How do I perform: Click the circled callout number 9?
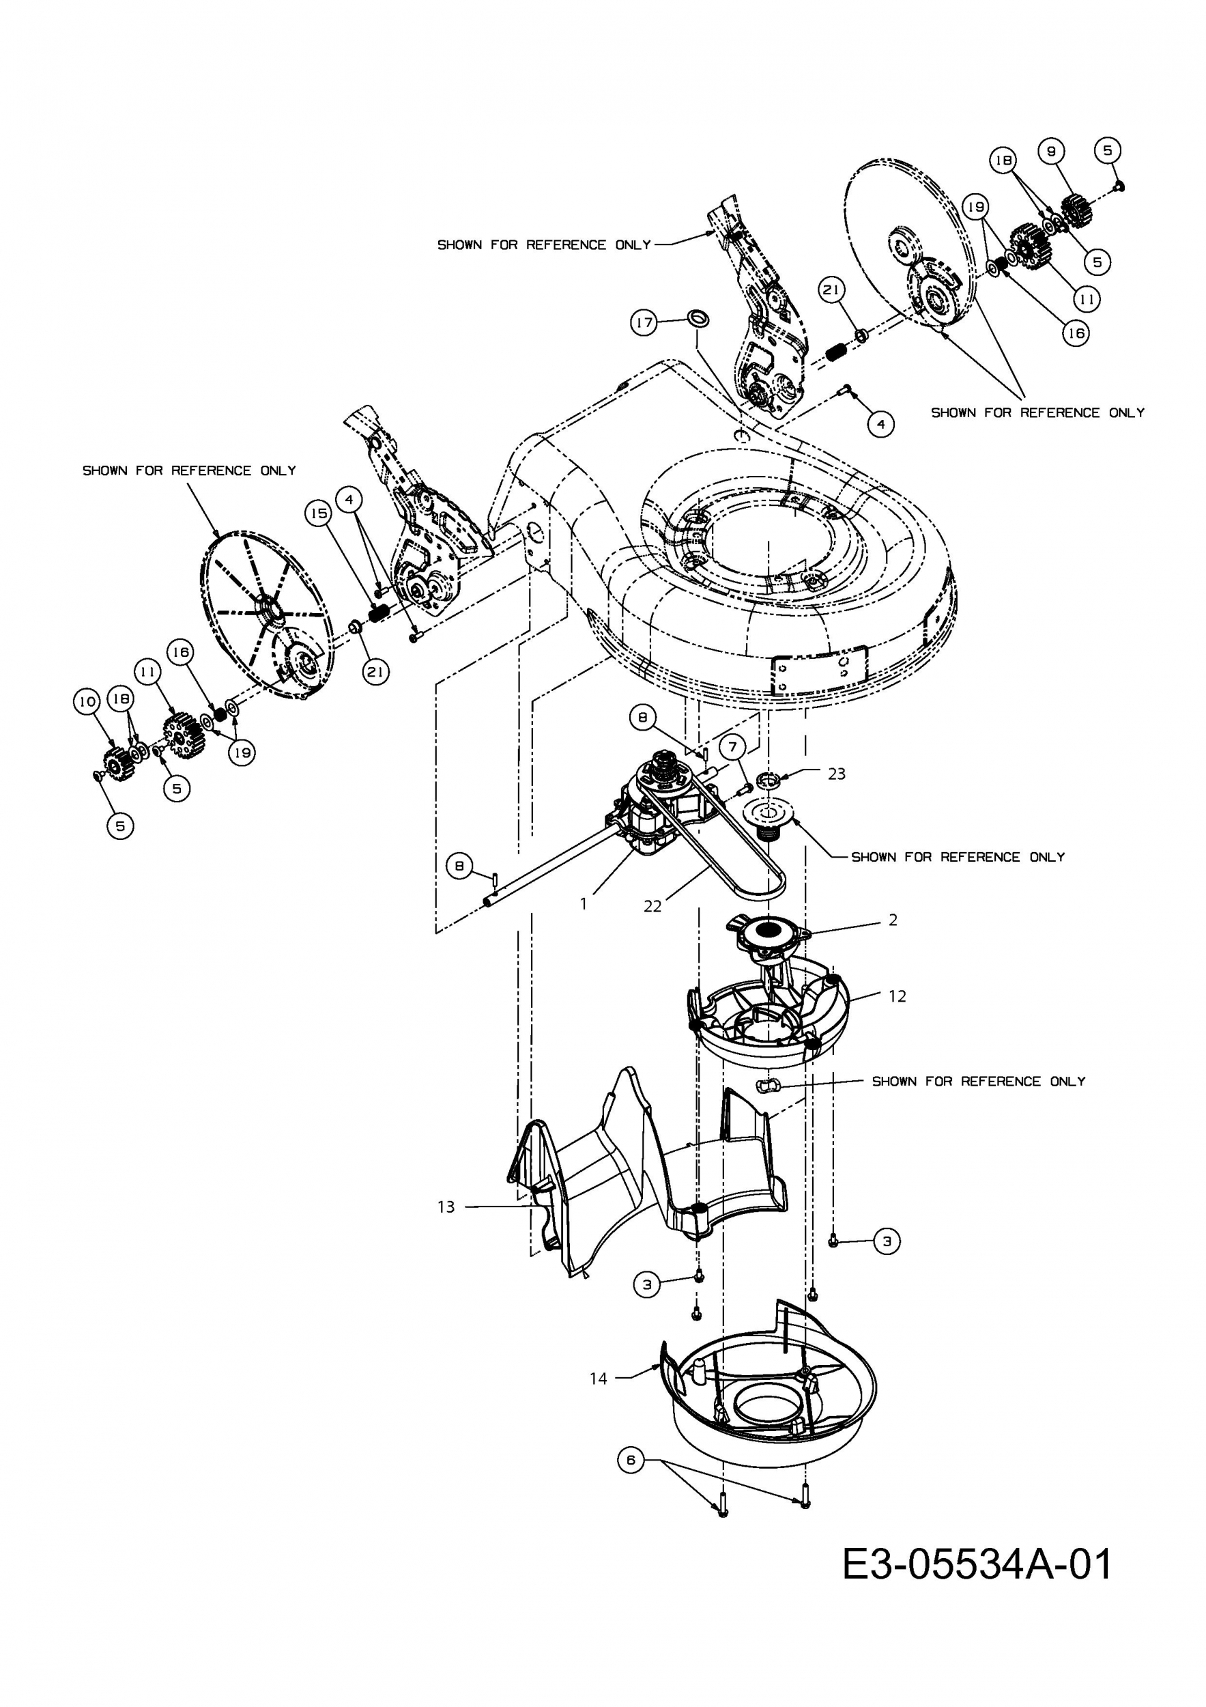tap(1050, 151)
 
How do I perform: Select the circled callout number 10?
tap(86, 701)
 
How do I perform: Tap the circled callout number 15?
tap(319, 513)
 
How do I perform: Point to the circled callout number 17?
tap(644, 324)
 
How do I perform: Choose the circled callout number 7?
tap(732, 746)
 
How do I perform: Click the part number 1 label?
tap(584, 904)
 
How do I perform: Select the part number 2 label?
tap(893, 920)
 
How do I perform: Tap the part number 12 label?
tap(897, 996)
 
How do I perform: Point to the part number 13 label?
tap(446, 1207)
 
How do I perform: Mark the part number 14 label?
tap(598, 1379)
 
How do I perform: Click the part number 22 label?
tap(652, 906)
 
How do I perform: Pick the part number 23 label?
tap(837, 774)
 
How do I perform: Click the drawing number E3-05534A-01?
tap(977, 1564)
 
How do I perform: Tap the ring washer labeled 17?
tap(698, 318)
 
